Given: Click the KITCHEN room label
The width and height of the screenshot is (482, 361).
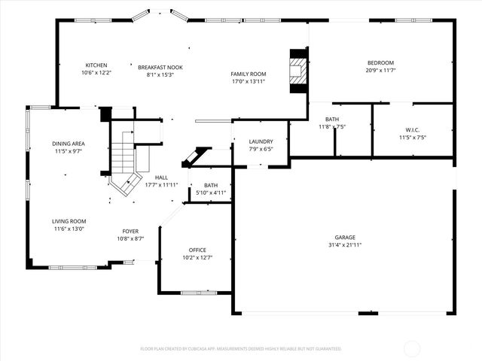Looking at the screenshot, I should click(x=96, y=65).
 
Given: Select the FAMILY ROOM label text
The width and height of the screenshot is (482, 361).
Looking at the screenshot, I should click(x=249, y=74).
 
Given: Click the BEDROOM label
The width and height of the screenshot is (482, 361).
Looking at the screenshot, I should click(x=380, y=62).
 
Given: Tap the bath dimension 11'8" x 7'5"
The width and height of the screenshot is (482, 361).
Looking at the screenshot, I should click(x=332, y=127).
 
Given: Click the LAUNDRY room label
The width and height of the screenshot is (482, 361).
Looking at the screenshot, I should click(x=261, y=141).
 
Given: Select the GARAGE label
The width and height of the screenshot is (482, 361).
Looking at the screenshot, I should click(x=345, y=237).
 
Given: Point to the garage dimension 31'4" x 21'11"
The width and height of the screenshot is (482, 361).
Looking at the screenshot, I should click(x=345, y=244).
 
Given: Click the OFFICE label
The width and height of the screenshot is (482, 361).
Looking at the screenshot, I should click(x=197, y=250).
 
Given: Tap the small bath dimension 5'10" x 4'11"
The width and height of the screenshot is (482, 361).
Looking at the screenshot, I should click(x=211, y=193).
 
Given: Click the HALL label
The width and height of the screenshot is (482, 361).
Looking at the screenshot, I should click(x=161, y=177).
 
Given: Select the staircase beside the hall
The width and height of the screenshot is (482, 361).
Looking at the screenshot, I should click(x=123, y=165).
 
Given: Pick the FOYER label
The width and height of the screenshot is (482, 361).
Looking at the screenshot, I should click(x=130, y=231).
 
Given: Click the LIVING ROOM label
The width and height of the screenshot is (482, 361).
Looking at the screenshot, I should click(x=69, y=221).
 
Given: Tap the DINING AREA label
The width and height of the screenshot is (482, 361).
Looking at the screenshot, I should click(x=68, y=144).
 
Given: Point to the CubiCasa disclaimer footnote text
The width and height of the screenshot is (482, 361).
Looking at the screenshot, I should click(x=241, y=349).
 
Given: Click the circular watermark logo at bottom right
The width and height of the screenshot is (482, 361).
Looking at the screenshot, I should click(x=413, y=348).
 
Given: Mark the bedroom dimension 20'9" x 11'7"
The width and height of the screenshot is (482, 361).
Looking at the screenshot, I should click(x=380, y=70).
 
